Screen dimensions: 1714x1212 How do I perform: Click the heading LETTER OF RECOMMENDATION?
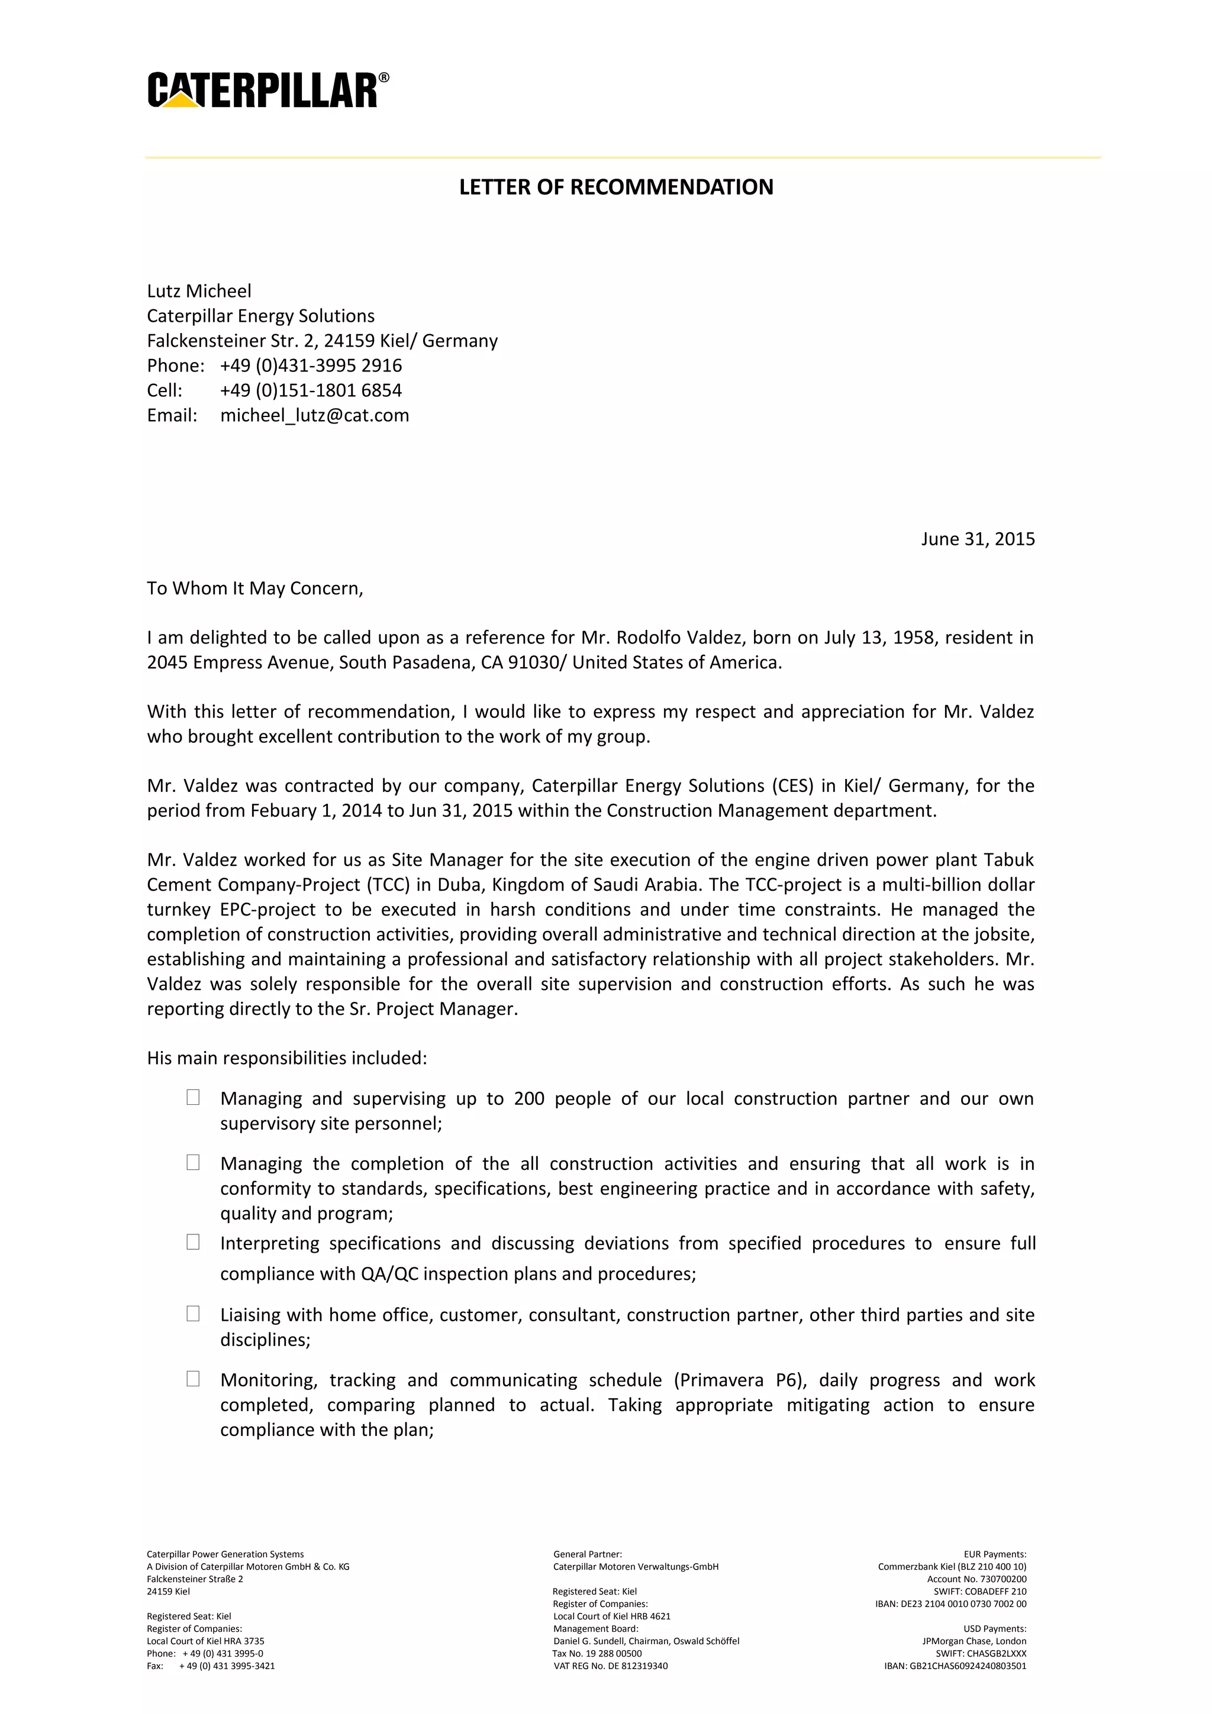tap(615, 187)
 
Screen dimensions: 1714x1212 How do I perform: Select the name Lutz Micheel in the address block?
tap(199, 290)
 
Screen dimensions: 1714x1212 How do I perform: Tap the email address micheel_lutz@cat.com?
tap(314, 415)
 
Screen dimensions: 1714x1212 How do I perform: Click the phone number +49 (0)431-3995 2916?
tap(311, 365)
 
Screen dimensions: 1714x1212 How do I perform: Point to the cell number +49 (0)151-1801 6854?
tap(311, 390)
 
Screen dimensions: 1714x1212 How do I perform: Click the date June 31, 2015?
tap(977, 539)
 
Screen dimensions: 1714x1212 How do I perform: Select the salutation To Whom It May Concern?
tap(254, 588)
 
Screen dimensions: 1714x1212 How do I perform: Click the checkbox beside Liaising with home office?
tap(193, 1313)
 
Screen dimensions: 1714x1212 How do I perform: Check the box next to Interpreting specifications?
tap(193, 1241)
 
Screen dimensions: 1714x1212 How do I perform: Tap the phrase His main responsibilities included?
tap(287, 1058)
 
